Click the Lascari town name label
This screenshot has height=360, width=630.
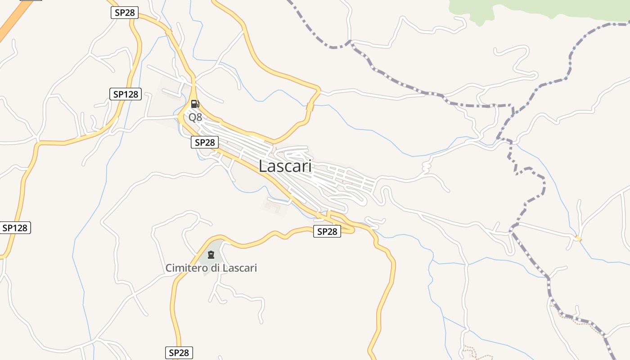point(285,166)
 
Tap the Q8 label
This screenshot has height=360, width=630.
point(195,117)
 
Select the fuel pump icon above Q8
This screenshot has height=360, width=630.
point(195,104)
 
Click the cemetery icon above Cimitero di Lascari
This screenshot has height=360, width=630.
point(211,255)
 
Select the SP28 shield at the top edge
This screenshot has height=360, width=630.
point(125,13)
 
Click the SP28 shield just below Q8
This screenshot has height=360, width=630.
point(205,143)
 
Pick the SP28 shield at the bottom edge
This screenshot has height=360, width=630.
point(179,353)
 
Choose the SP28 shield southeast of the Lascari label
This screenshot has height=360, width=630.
point(327,232)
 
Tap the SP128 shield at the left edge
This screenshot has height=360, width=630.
point(15,228)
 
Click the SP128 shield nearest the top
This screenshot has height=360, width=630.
point(126,94)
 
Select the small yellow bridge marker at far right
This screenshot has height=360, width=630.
point(578,238)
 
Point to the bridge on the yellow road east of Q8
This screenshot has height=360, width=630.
point(310,107)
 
